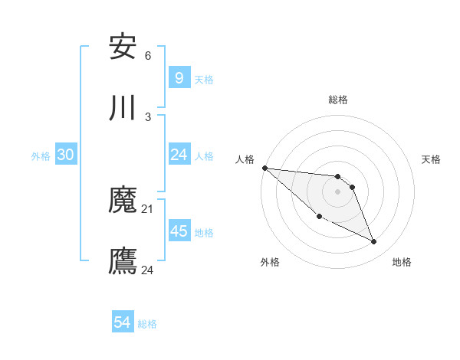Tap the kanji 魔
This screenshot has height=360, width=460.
click(x=123, y=200)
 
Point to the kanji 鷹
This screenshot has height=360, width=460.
click(x=123, y=261)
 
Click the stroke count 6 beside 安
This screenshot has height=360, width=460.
click(x=148, y=56)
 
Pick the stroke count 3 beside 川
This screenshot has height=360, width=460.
click(x=148, y=117)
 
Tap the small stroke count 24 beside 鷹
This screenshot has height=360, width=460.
click(x=148, y=270)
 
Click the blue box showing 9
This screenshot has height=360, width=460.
click(x=179, y=77)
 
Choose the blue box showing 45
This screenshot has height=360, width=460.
click(x=179, y=231)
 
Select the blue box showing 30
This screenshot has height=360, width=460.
click(x=66, y=154)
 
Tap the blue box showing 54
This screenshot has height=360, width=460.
click(x=122, y=322)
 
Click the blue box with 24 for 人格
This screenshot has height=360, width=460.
click(x=179, y=155)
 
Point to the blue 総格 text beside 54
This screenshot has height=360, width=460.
click(x=147, y=324)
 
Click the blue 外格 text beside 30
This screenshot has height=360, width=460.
click(x=41, y=155)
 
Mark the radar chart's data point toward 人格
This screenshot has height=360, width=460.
click(x=264, y=168)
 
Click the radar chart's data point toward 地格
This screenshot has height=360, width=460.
click(x=373, y=242)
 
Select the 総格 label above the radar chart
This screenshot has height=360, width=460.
click(x=337, y=100)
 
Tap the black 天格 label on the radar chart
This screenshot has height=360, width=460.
click(x=432, y=159)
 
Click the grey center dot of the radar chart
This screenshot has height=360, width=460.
click(x=337, y=191)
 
